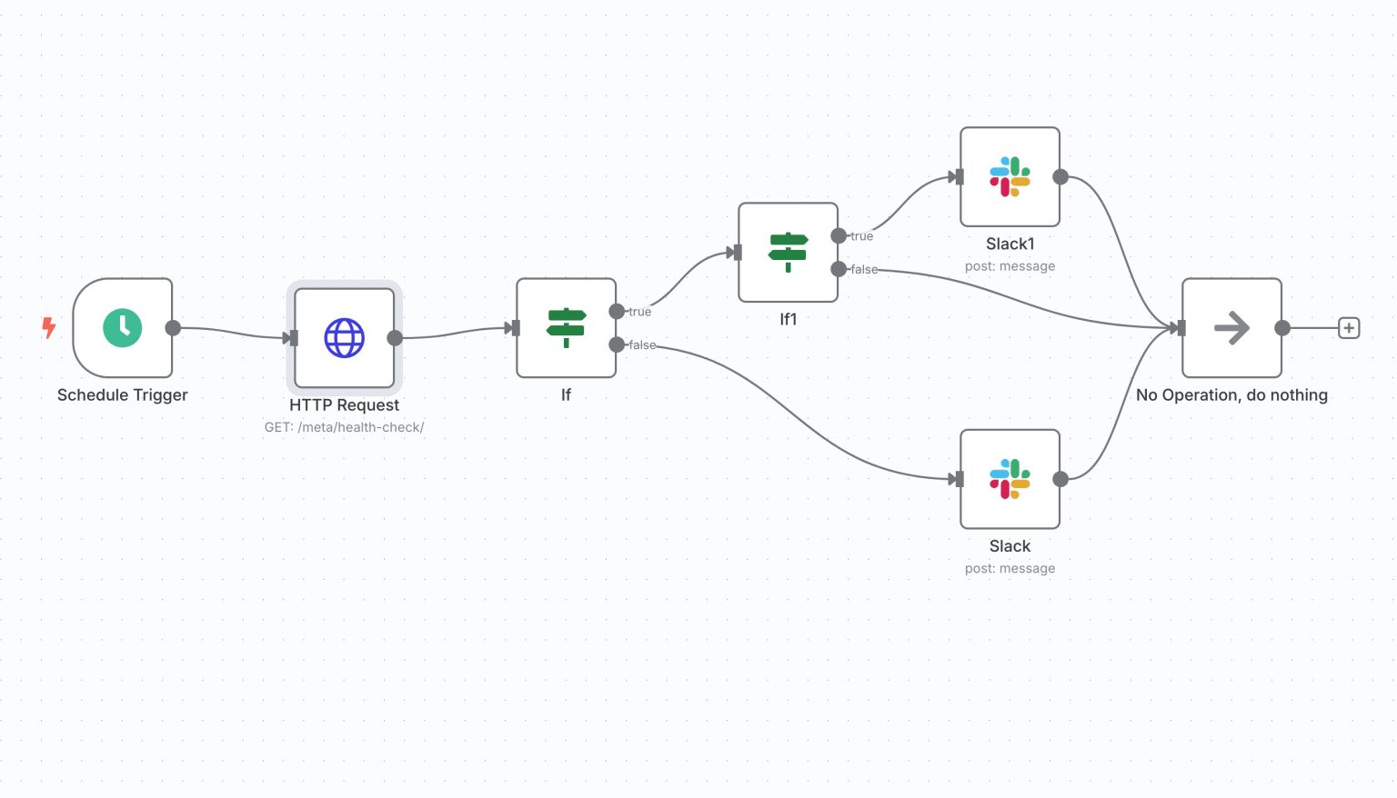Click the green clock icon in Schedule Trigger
click(x=123, y=328)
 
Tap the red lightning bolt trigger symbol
click(x=49, y=327)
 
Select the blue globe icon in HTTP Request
click(x=345, y=338)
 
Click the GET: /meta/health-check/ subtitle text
click(x=344, y=427)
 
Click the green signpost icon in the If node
click(x=566, y=328)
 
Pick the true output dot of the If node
click(x=617, y=311)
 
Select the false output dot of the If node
click(x=617, y=344)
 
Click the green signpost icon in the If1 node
click(x=788, y=252)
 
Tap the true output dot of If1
click(x=839, y=235)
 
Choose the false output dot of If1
click(x=839, y=269)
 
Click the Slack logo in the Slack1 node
click(x=1010, y=176)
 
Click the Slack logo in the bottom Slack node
click(x=1010, y=479)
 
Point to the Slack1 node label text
click(x=1010, y=244)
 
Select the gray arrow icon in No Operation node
click(x=1231, y=328)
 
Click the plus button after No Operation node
click(x=1349, y=328)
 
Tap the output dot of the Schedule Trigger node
click(x=173, y=328)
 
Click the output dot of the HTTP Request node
click(x=395, y=338)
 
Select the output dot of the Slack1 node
click(x=1060, y=176)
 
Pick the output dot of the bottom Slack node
click(x=1060, y=479)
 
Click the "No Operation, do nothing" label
click(x=1231, y=395)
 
